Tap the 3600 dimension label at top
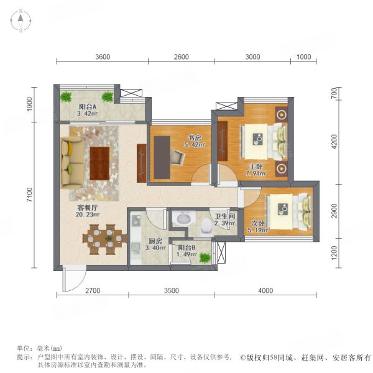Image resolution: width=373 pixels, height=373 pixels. pyautogui.click(x=103, y=57)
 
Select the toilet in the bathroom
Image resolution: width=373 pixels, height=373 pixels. pyautogui.click(x=206, y=225)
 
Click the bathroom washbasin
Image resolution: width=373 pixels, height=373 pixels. pyautogui.click(x=183, y=219)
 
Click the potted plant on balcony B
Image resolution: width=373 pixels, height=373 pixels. pyautogui.click(x=204, y=257)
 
